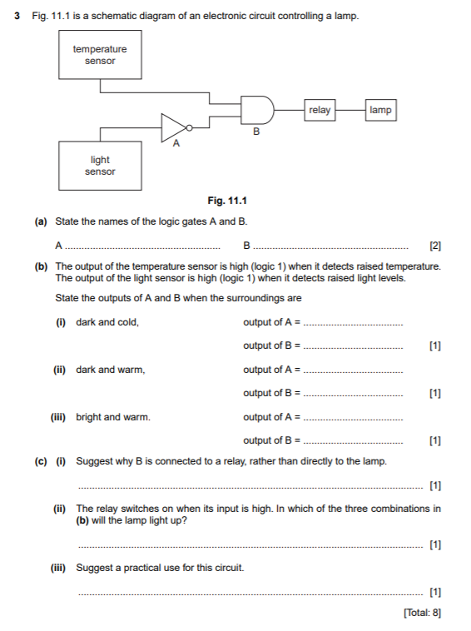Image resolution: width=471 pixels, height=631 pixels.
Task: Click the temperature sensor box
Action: click(100, 55)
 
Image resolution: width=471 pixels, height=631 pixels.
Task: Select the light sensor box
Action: click(100, 165)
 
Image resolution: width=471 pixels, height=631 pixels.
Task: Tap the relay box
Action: click(320, 110)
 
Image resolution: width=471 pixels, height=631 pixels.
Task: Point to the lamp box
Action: click(380, 110)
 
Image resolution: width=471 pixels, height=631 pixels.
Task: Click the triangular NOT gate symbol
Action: click(174, 127)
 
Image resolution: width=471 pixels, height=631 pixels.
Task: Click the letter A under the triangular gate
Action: click(175, 145)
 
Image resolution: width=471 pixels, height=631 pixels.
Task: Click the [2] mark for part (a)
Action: click(434, 246)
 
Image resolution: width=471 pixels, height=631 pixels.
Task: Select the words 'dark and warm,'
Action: click(110, 369)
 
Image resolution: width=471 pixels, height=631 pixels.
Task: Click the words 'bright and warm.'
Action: click(113, 416)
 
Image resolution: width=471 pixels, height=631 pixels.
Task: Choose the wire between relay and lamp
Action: click(350, 109)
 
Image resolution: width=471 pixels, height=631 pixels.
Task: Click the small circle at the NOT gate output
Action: click(191, 127)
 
